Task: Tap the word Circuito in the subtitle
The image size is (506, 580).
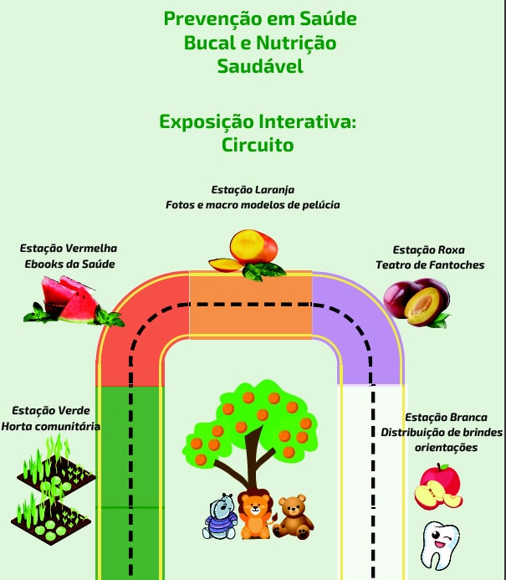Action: point(258,145)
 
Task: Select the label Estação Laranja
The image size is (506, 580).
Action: point(253,190)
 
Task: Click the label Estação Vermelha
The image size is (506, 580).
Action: point(69,249)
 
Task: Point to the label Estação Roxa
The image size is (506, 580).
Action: point(429,250)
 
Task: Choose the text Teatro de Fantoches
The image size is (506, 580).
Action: point(429,265)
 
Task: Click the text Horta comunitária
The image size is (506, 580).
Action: point(51,426)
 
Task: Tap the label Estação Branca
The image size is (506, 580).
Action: point(440,417)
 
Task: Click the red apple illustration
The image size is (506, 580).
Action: point(438,486)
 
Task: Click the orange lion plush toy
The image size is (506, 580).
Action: point(253,512)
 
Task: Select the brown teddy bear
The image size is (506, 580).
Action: point(293,516)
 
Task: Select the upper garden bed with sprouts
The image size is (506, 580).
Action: point(55,470)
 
